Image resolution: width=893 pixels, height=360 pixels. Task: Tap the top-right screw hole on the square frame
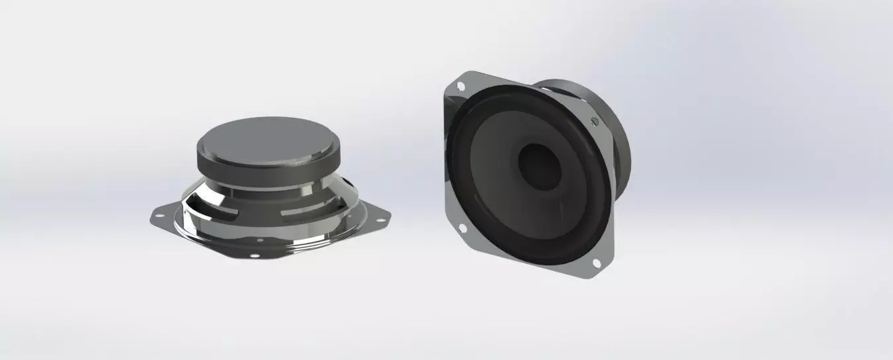click(594, 120)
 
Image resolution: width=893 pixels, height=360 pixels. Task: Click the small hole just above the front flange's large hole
click(260, 240)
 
